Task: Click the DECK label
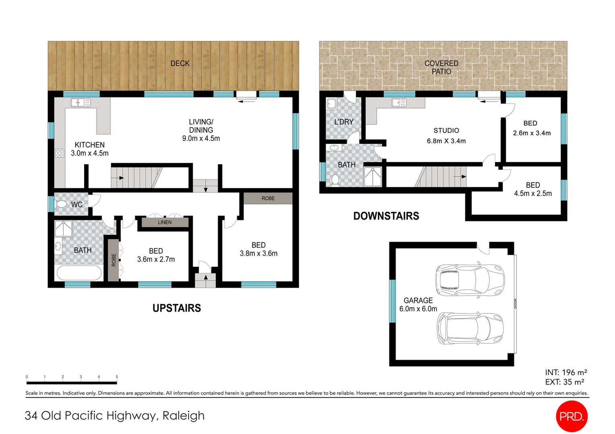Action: [180, 63]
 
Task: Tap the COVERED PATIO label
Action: [441, 68]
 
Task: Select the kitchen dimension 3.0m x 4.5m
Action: [89, 154]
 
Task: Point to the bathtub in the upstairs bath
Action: [79, 273]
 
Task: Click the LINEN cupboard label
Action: [165, 222]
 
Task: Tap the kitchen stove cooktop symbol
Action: [60, 153]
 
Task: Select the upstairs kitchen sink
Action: [80, 103]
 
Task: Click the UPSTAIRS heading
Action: [177, 308]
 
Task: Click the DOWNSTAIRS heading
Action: [386, 216]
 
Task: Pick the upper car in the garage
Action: [469, 280]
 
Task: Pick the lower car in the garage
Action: [470, 328]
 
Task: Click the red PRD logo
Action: [572, 416]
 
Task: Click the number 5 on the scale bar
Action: [117, 377]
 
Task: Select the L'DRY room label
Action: [344, 122]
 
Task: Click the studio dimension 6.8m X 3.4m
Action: [446, 141]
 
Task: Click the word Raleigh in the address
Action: [184, 416]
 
